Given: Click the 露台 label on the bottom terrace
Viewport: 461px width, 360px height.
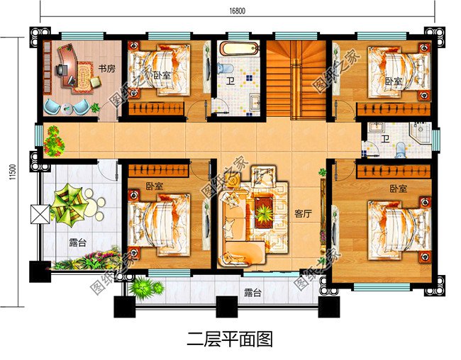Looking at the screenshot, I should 251,292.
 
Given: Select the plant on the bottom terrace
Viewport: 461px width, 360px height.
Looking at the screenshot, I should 143,287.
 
